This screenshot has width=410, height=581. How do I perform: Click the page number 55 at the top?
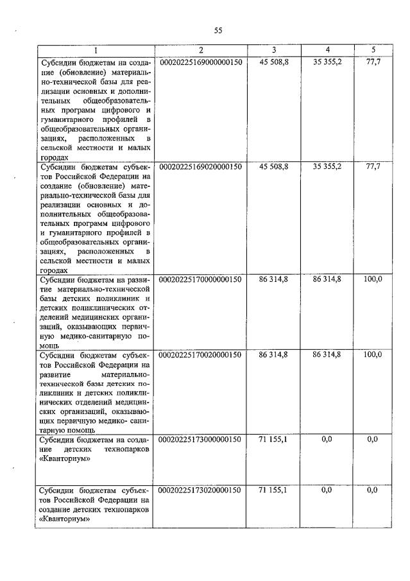pyautogui.click(x=218, y=30)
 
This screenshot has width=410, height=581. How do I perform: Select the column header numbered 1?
pyautogui.click(x=96, y=50)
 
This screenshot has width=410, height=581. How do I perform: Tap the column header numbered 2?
pyautogui.click(x=200, y=50)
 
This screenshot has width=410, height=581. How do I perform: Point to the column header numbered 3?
pyautogui.click(x=273, y=50)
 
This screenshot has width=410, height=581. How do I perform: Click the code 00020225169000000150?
pyautogui.click(x=200, y=62)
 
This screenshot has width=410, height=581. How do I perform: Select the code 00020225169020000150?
pyautogui.click(x=200, y=166)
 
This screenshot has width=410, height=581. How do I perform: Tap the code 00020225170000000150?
pyautogui.click(x=200, y=279)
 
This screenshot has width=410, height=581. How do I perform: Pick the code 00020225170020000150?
pyautogui.click(x=200, y=354)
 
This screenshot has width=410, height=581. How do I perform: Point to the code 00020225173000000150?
pyautogui.click(x=200, y=440)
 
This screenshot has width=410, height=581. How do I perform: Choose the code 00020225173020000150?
pyautogui.click(x=200, y=490)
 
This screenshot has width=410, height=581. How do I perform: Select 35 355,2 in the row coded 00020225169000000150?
pyautogui.click(x=327, y=62)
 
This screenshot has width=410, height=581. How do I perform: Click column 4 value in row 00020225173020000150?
pyautogui.click(x=327, y=490)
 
